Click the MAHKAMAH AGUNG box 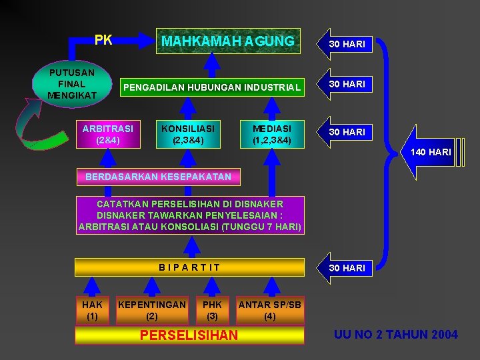(228, 41)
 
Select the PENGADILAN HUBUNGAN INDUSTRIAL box (211, 87)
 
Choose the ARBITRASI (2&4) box (107, 133)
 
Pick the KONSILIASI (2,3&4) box (187, 133)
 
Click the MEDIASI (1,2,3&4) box (272, 133)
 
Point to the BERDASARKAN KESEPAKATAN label (158, 177)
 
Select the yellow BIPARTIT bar (189, 267)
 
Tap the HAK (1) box (92, 310)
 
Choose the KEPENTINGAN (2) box (152, 310)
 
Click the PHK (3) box (212, 310)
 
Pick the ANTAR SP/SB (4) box (270, 310)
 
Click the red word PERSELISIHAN (189, 335)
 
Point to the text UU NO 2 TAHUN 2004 (396, 335)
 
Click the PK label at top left (103, 41)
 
